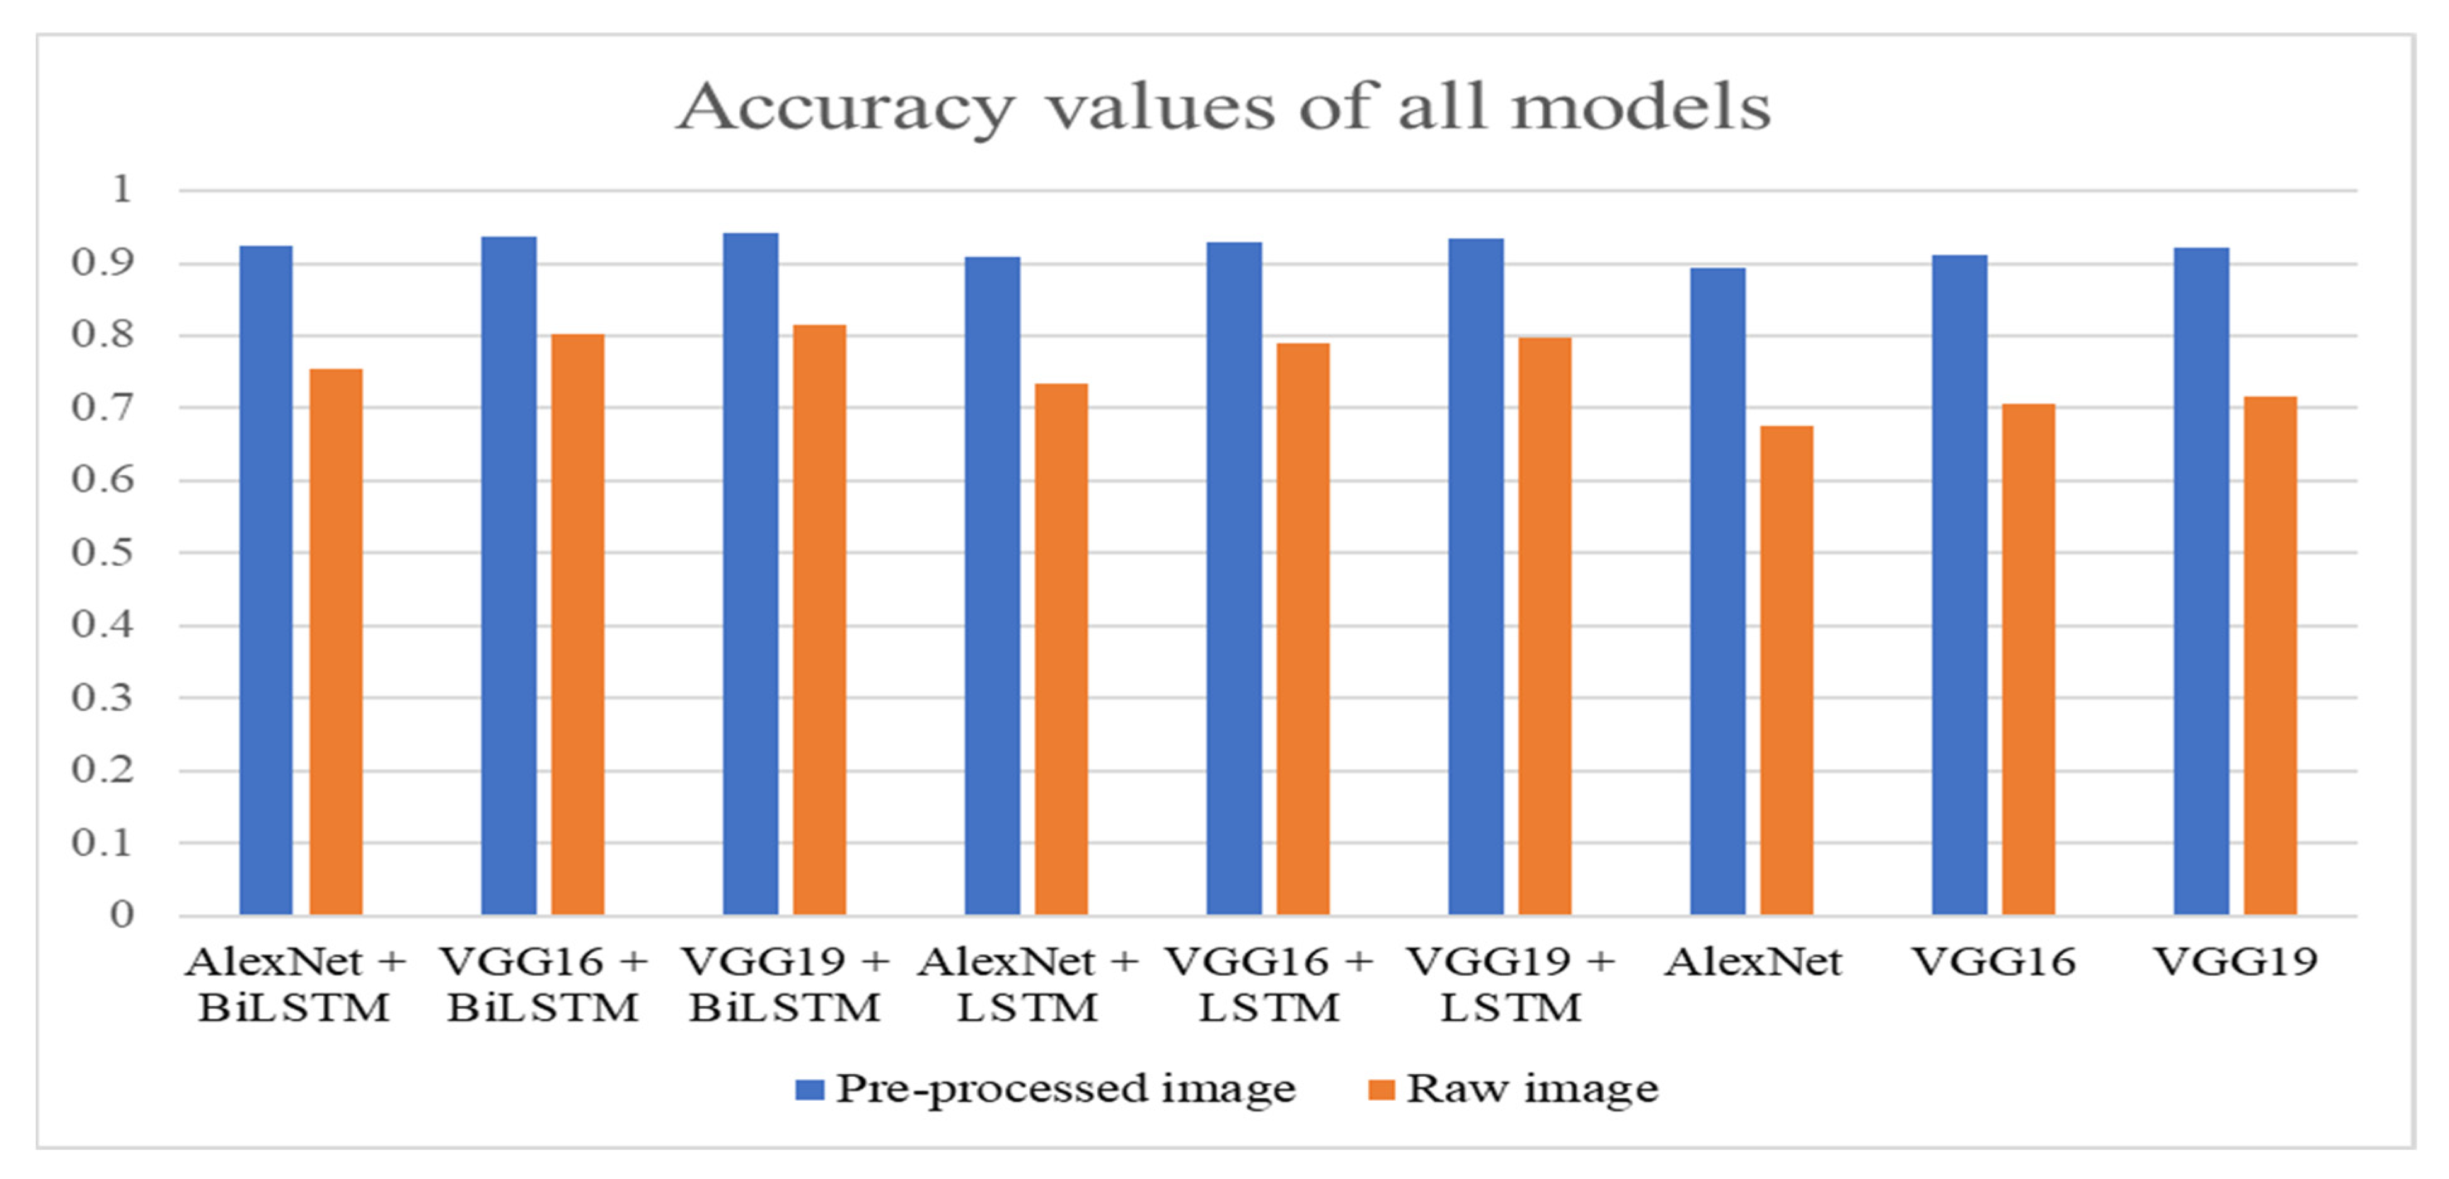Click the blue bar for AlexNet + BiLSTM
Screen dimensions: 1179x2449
266,580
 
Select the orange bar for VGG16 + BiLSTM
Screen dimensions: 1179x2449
577,624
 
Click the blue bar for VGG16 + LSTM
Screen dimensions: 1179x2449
1234,578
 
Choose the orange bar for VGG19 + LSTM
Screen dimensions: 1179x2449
1545,625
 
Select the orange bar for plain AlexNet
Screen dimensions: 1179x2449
1787,670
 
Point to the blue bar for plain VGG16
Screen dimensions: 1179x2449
1959,584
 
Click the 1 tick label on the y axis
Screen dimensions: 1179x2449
121,190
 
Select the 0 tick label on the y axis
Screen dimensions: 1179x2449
121,915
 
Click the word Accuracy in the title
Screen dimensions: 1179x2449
846,107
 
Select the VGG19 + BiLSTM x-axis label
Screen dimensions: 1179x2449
785,984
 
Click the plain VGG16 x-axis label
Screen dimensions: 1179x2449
1993,962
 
